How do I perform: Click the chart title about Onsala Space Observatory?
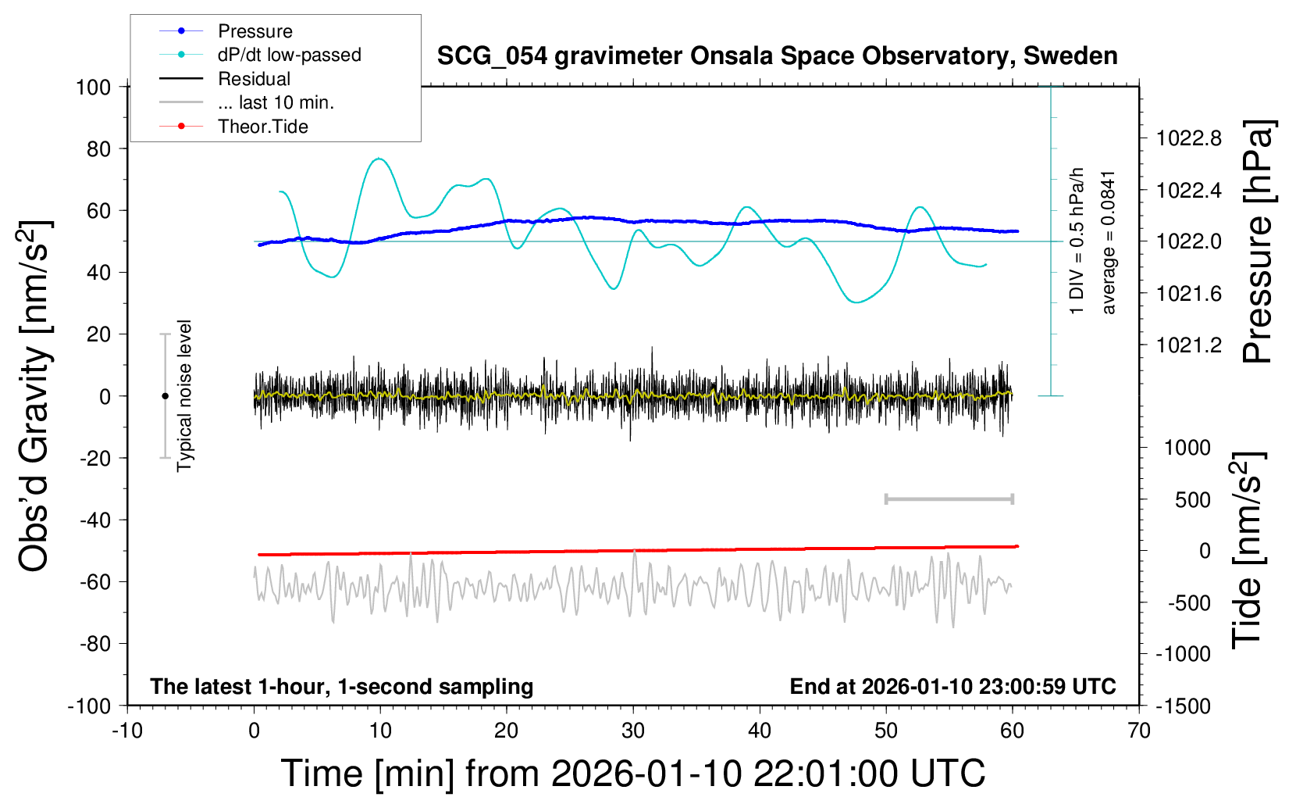(x=777, y=56)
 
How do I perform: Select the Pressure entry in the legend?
(x=255, y=31)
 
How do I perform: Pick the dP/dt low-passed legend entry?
(x=289, y=55)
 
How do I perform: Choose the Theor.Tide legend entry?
(x=262, y=127)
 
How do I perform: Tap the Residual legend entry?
(x=254, y=79)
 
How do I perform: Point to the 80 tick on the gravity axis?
(x=98, y=148)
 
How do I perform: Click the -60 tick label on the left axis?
(x=94, y=582)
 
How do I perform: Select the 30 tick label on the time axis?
(x=633, y=731)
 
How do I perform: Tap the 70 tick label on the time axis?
(x=1139, y=731)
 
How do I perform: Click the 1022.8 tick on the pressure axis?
(x=1189, y=139)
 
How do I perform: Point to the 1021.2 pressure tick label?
(x=1189, y=345)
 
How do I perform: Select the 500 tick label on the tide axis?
(x=1192, y=500)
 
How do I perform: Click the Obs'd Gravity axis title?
(x=36, y=396)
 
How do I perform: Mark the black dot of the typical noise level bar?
(x=165, y=396)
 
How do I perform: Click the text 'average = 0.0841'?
(x=1109, y=243)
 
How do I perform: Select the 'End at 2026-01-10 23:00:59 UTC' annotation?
(x=952, y=687)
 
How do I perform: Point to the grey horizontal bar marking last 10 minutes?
(x=949, y=499)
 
